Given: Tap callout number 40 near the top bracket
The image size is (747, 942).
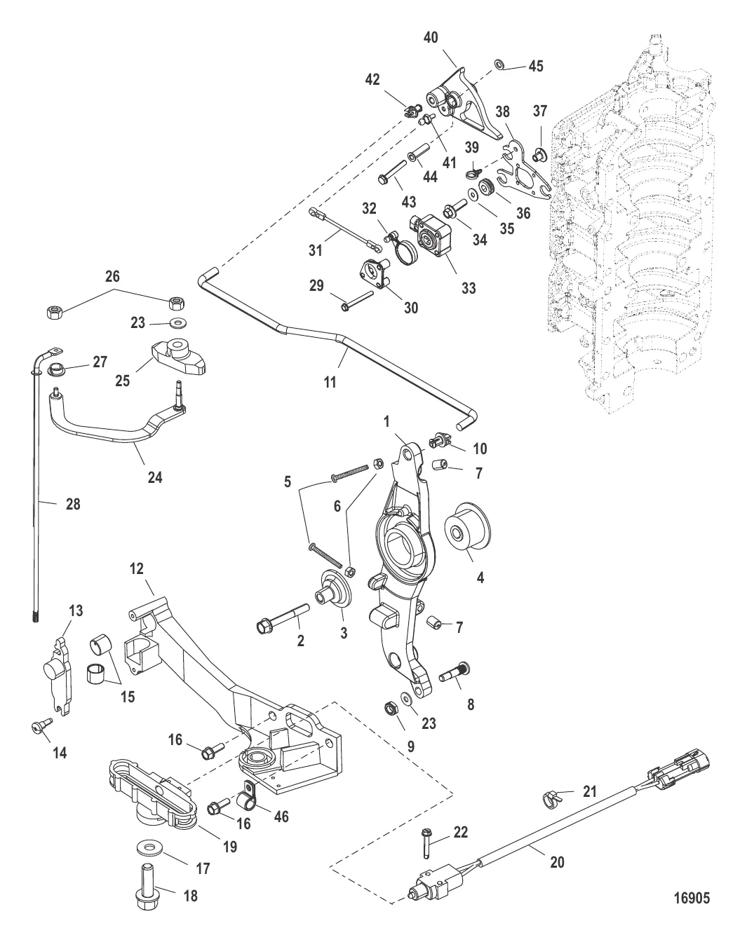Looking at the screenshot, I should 431,37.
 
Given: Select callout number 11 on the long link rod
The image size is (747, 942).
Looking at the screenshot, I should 330,382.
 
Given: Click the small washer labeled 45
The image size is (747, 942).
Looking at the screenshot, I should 499,64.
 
